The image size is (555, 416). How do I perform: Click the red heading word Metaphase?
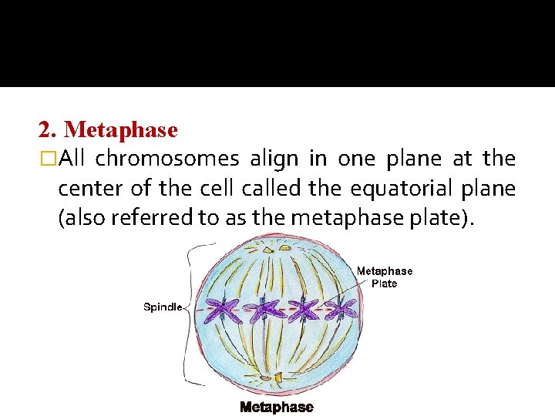121,130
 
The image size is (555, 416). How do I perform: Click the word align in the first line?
274,159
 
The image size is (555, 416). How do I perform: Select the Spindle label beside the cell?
163,307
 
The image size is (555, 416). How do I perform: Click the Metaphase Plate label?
385,277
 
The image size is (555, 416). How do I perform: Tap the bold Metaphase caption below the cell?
277,407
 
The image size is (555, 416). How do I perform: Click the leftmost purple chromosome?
222,310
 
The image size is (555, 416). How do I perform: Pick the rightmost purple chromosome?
341,310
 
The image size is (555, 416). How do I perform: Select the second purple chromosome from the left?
262,310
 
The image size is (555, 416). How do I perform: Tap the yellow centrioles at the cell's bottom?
275,377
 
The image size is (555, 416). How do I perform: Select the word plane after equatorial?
475,188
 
